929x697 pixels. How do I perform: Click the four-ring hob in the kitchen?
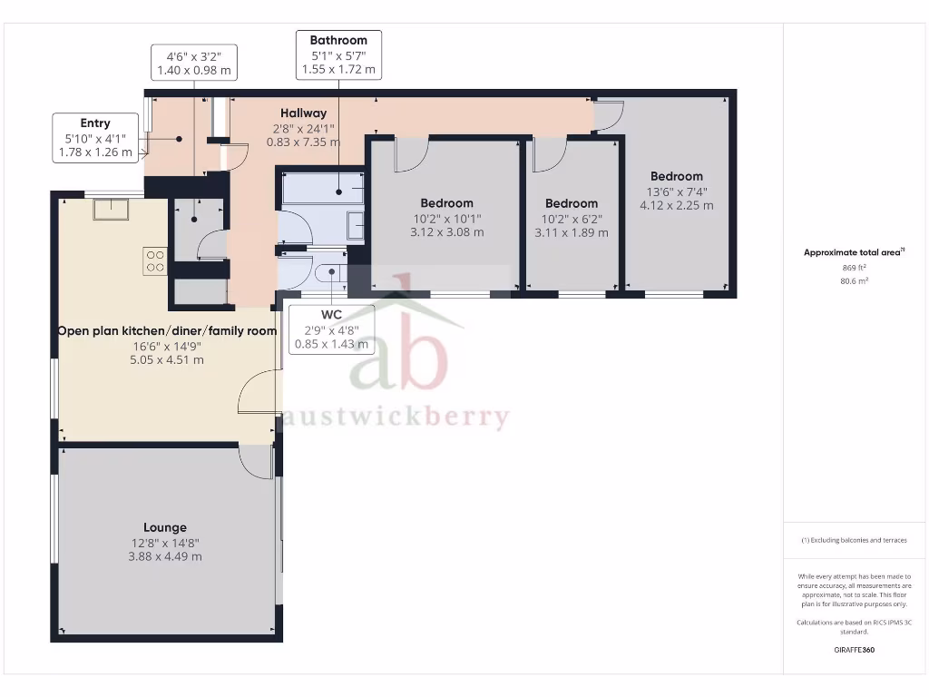tap(154, 260)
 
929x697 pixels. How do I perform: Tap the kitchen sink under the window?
tap(114, 209)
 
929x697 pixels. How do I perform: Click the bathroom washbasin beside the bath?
tap(356, 224)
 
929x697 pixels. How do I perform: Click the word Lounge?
tap(165, 527)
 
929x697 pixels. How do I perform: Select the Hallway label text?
tap(303, 113)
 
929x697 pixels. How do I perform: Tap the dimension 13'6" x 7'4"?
tap(676, 191)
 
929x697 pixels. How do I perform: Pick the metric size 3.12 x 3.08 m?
tap(446, 232)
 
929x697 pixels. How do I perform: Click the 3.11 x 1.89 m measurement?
tap(572, 232)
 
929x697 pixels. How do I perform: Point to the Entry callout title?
tap(95, 123)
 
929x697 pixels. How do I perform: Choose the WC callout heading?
tap(331, 315)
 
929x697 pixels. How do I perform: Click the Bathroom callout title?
tap(338, 40)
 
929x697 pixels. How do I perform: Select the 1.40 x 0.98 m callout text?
tap(194, 69)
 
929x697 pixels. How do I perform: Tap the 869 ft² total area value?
tap(854, 268)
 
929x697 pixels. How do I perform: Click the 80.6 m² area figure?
tap(854, 281)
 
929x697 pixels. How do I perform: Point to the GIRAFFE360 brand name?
tap(854, 650)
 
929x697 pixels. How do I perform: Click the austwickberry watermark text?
tap(396, 418)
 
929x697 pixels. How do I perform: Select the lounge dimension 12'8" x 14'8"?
tap(165, 543)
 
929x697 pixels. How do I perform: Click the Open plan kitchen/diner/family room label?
tap(167, 331)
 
